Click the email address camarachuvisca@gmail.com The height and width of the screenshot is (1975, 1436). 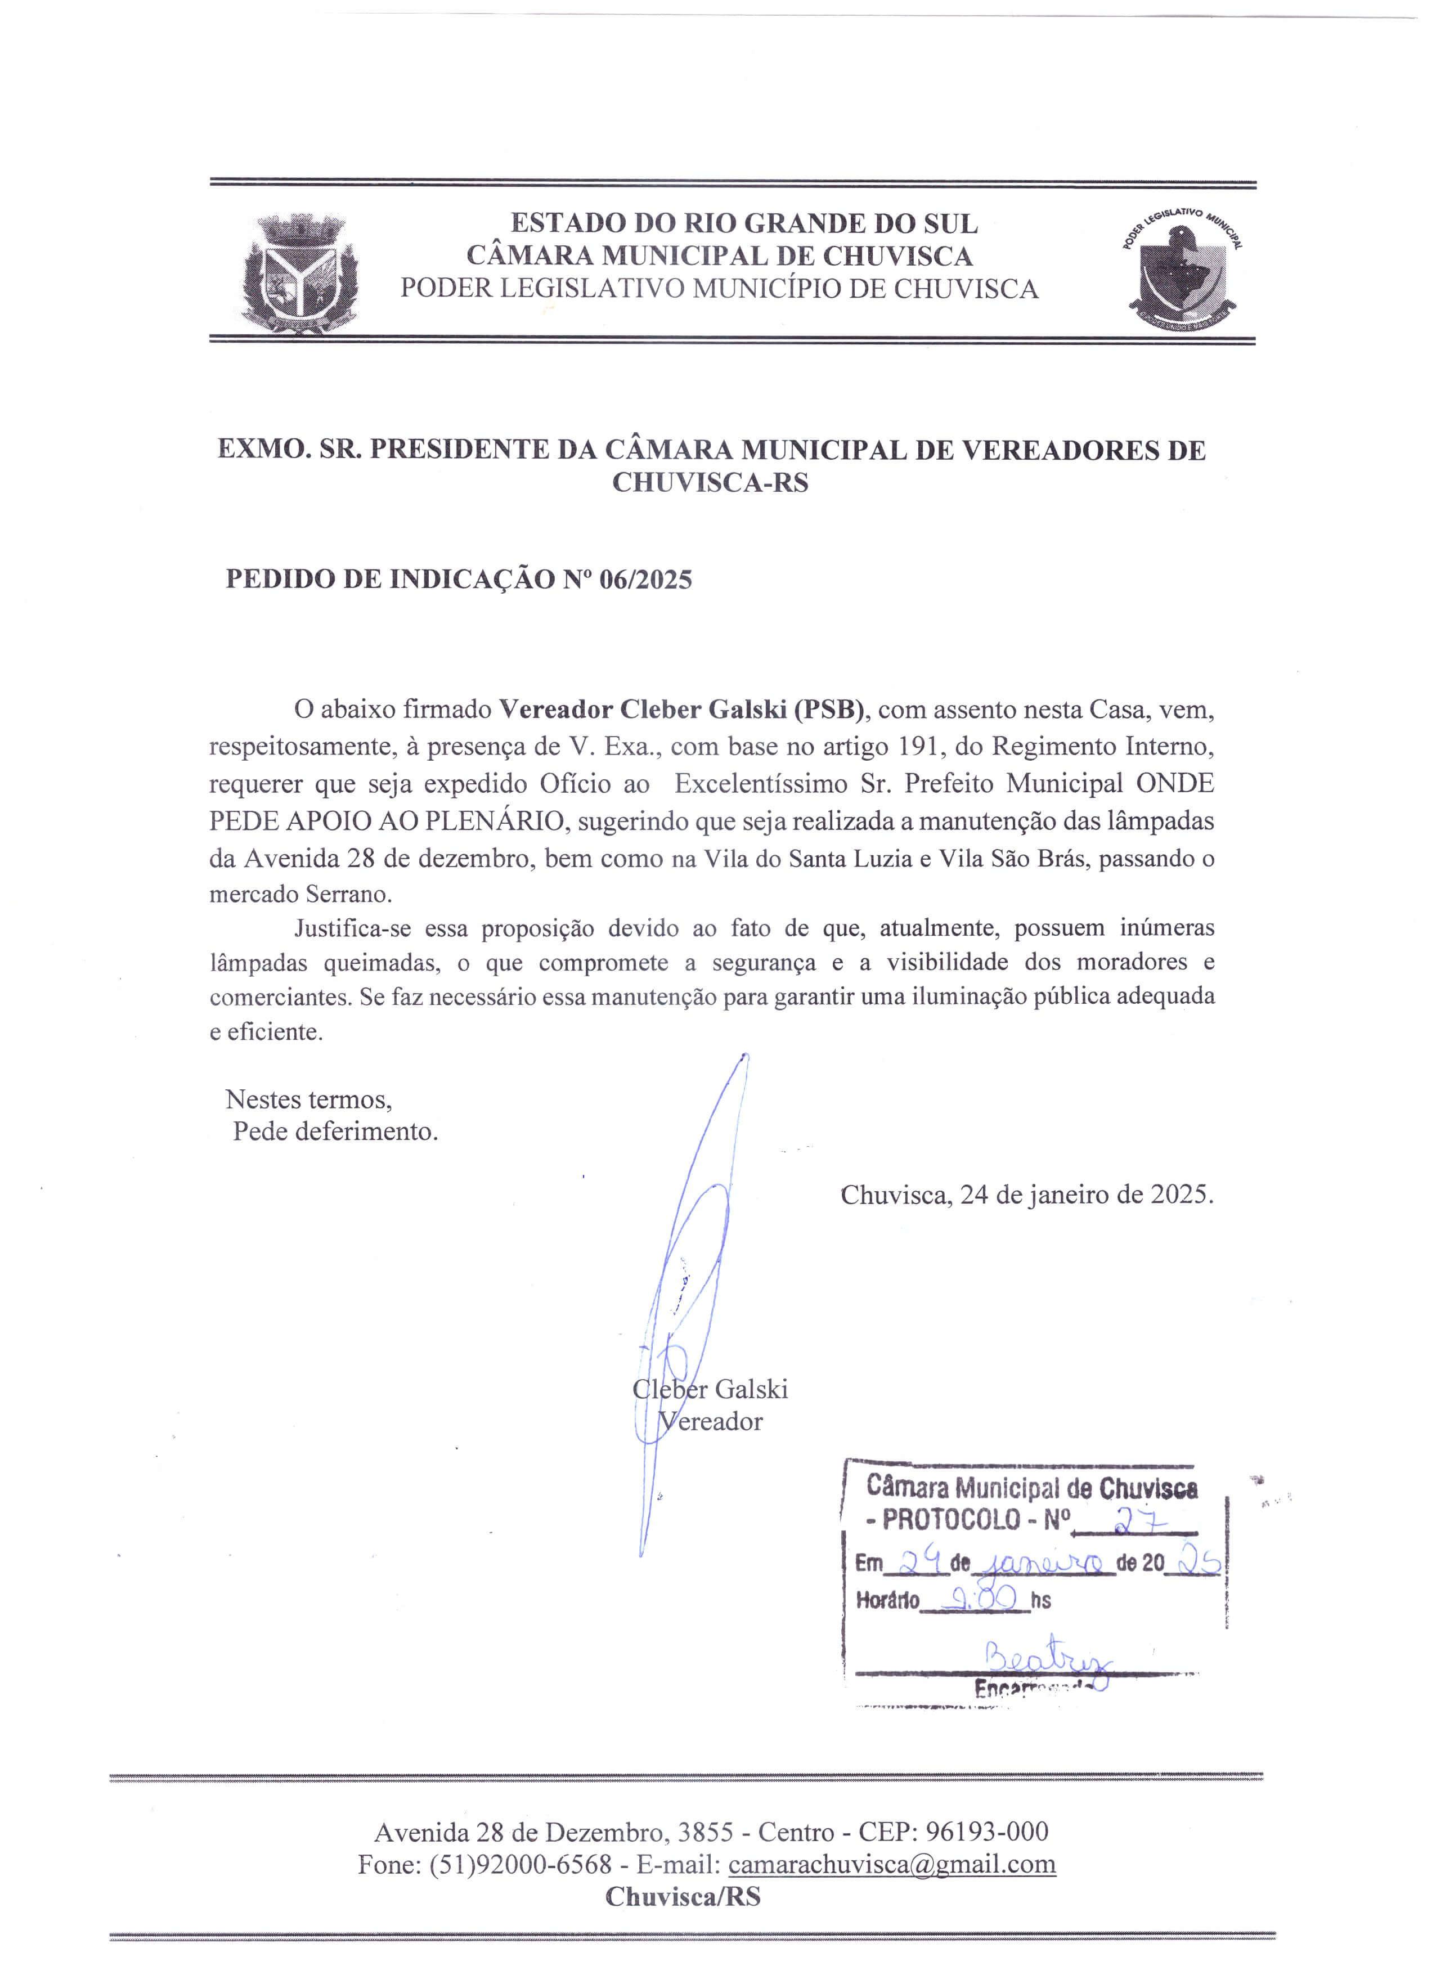pos(892,1864)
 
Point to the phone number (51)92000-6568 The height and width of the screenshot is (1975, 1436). pos(520,1864)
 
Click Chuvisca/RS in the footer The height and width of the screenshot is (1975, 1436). pos(684,1897)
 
